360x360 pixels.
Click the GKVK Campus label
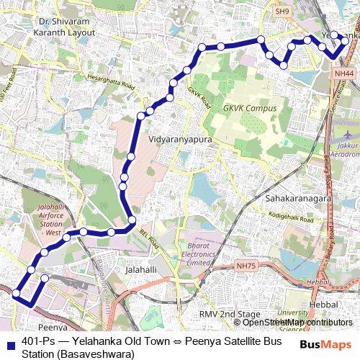tap(246, 108)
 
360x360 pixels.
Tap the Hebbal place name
tap(323, 306)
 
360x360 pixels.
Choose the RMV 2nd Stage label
tap(229, 315)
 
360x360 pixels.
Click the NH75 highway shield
tap(246, 266)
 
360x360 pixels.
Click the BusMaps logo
tap(326, 344)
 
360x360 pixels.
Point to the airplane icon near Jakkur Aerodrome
tap(348, 135)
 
